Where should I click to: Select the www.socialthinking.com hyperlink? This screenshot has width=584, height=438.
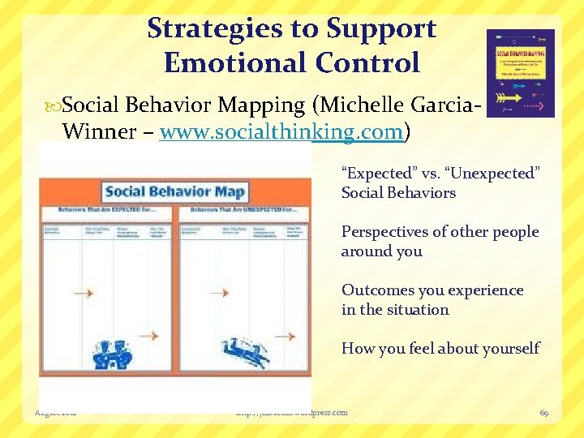(281, 132)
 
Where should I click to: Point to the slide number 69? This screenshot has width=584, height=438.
(545, 413)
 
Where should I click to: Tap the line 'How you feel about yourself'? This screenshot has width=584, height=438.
(440, 348)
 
